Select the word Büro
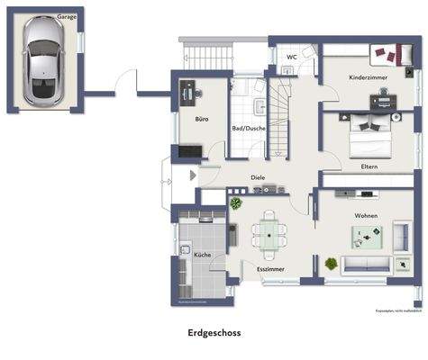[203, 119]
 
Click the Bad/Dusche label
[249, 128]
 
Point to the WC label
[291, 57]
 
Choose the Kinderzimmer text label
[369, 78]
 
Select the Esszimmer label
[270, 269]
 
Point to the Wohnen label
[366, 215]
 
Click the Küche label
[203, 256]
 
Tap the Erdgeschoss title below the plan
[214, 332]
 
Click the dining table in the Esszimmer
[268, 235]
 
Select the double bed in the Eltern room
[370, 137]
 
